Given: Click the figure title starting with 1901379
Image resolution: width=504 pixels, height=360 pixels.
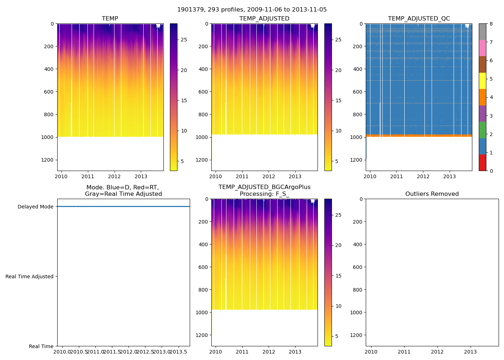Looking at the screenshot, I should pyautogui.click(x=252, y=10).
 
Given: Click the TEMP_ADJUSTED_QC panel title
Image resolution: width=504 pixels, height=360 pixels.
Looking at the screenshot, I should pyautogui.click(x=419, y=19).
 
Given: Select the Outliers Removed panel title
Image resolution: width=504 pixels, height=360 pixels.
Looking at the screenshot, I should pyautogui.click(x=432, y=194).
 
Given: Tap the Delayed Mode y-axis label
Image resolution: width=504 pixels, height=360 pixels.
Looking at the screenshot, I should pyautogui.click(x=35, y=207).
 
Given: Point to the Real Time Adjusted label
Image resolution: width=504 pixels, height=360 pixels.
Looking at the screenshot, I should pyautogui.click(x=30, y=276).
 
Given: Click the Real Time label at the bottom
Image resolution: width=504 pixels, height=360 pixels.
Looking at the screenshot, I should pyautogui.click(x=41, y=346).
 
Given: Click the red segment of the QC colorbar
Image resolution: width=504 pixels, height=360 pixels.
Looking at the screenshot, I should pyautogui.click(x=482, y=162).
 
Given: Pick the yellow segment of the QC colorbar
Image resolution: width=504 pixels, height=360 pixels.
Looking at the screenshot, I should pyautogui.click(x=482, y=81).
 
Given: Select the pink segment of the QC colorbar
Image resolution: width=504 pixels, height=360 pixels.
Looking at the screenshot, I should pyautogui.click(x=482, y=48).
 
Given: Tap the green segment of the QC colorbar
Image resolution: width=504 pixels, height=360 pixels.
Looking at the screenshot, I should pyautogui.click(x=482, y=130).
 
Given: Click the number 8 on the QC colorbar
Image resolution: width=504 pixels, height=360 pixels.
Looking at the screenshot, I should pyautogui.click(x=491, y=24).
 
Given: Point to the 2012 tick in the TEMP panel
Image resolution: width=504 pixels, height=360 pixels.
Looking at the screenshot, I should pyautogui.click(x=114, y=176).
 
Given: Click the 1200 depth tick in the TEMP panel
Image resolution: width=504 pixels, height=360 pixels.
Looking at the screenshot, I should pyautogui.click(x=47, y=160).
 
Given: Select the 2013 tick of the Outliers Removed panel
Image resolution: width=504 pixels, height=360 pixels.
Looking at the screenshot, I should pyautogui.click(x=471, y=352).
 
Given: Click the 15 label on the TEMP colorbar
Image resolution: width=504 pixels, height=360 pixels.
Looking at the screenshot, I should pyautogui.click(x=184, y=100).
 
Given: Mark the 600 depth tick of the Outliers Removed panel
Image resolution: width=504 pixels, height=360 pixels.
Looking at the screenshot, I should pyautogui.click(x=357, y=267).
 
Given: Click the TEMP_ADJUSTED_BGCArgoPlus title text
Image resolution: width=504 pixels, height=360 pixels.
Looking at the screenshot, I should pyautogui.click(x=264, y=187).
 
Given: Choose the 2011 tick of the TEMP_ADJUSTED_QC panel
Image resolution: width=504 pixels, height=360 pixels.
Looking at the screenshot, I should pyautogui.click(x=397, y=176).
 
